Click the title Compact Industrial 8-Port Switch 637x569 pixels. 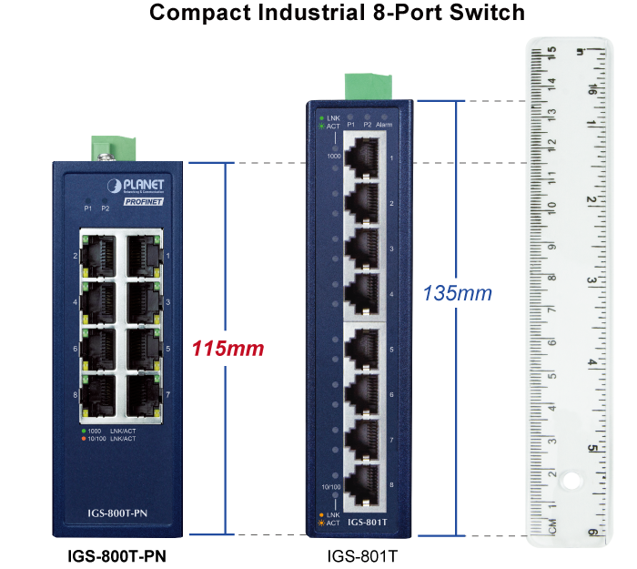click(337, 13)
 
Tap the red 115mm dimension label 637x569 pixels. click(227, 348)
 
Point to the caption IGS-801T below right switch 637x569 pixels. click(363, 554)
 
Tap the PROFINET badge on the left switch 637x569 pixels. click(143, 202)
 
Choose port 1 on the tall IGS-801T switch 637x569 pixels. click(363, 157)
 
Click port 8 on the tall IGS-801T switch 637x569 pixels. click(363, 483)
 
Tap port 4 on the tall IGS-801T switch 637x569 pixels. click(363, 292)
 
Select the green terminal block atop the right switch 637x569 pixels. click(363, 85)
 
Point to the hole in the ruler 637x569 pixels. click(571, 479)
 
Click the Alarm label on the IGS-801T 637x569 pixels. click(384, 125)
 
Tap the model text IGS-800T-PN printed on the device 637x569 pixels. click(121, 514)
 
